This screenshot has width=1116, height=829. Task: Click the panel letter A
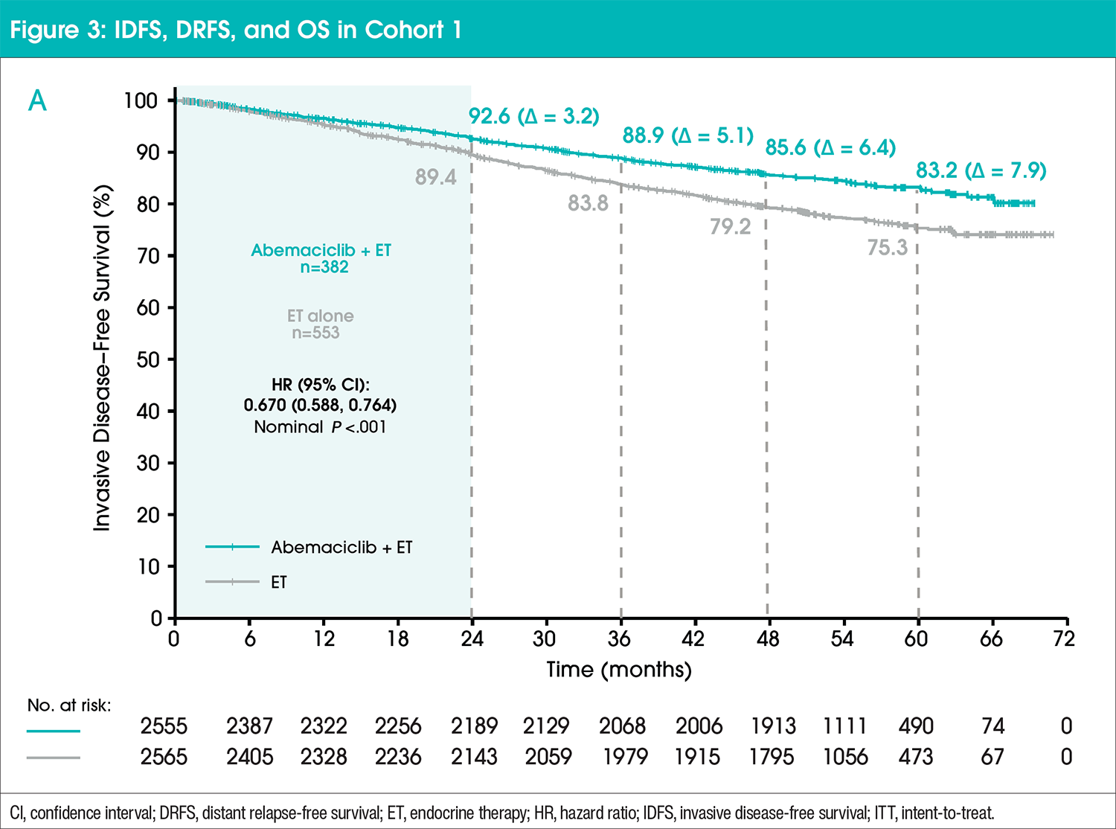click(37, 100)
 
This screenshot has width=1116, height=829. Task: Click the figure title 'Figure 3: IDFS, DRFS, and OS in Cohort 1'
click(236, 30)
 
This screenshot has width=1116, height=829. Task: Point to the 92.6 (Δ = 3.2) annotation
click(533, 117)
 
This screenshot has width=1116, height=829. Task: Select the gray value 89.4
click(435, 177)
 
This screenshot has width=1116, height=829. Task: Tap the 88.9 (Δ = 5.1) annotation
click(687, 135)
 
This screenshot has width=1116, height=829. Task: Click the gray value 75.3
click(887, 247)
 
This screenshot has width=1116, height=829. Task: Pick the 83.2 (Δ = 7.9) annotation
click(981, 170)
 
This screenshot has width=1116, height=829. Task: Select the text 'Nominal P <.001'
click(320, 427)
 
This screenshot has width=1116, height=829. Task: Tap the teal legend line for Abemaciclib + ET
click(232, 547)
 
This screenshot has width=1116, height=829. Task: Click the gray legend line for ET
click(232, 582)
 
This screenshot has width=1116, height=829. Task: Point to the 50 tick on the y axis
click(147, 359)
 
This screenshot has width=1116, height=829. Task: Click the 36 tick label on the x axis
click(619, 638)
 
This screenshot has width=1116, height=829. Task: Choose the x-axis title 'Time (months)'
click(619, 670)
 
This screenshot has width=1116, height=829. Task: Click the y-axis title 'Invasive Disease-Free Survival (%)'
click(102, 358)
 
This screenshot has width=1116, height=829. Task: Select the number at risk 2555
click(164, 726)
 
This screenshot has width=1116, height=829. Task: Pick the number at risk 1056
click(845, 757)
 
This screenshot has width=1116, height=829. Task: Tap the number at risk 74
click(992, 726)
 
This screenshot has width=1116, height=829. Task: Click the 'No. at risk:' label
click(69, 705)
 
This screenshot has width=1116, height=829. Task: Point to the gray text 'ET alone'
click(320, 316)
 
